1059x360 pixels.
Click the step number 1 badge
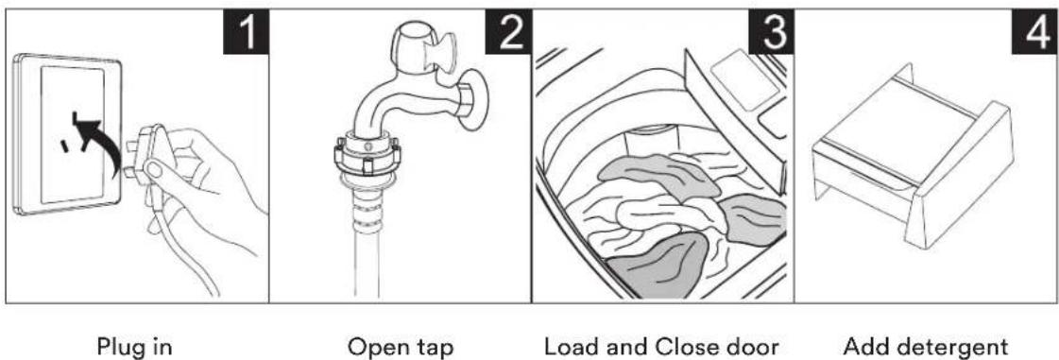[246, 32]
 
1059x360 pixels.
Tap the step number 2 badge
[508, 32]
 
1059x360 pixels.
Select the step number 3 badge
[771, 32]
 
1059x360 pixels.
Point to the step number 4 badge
[1034, 32]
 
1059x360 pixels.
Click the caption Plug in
[135, 347]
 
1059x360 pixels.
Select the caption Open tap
[400, 347]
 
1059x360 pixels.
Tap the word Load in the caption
[572, 347]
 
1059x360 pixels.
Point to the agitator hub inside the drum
[647, 141]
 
